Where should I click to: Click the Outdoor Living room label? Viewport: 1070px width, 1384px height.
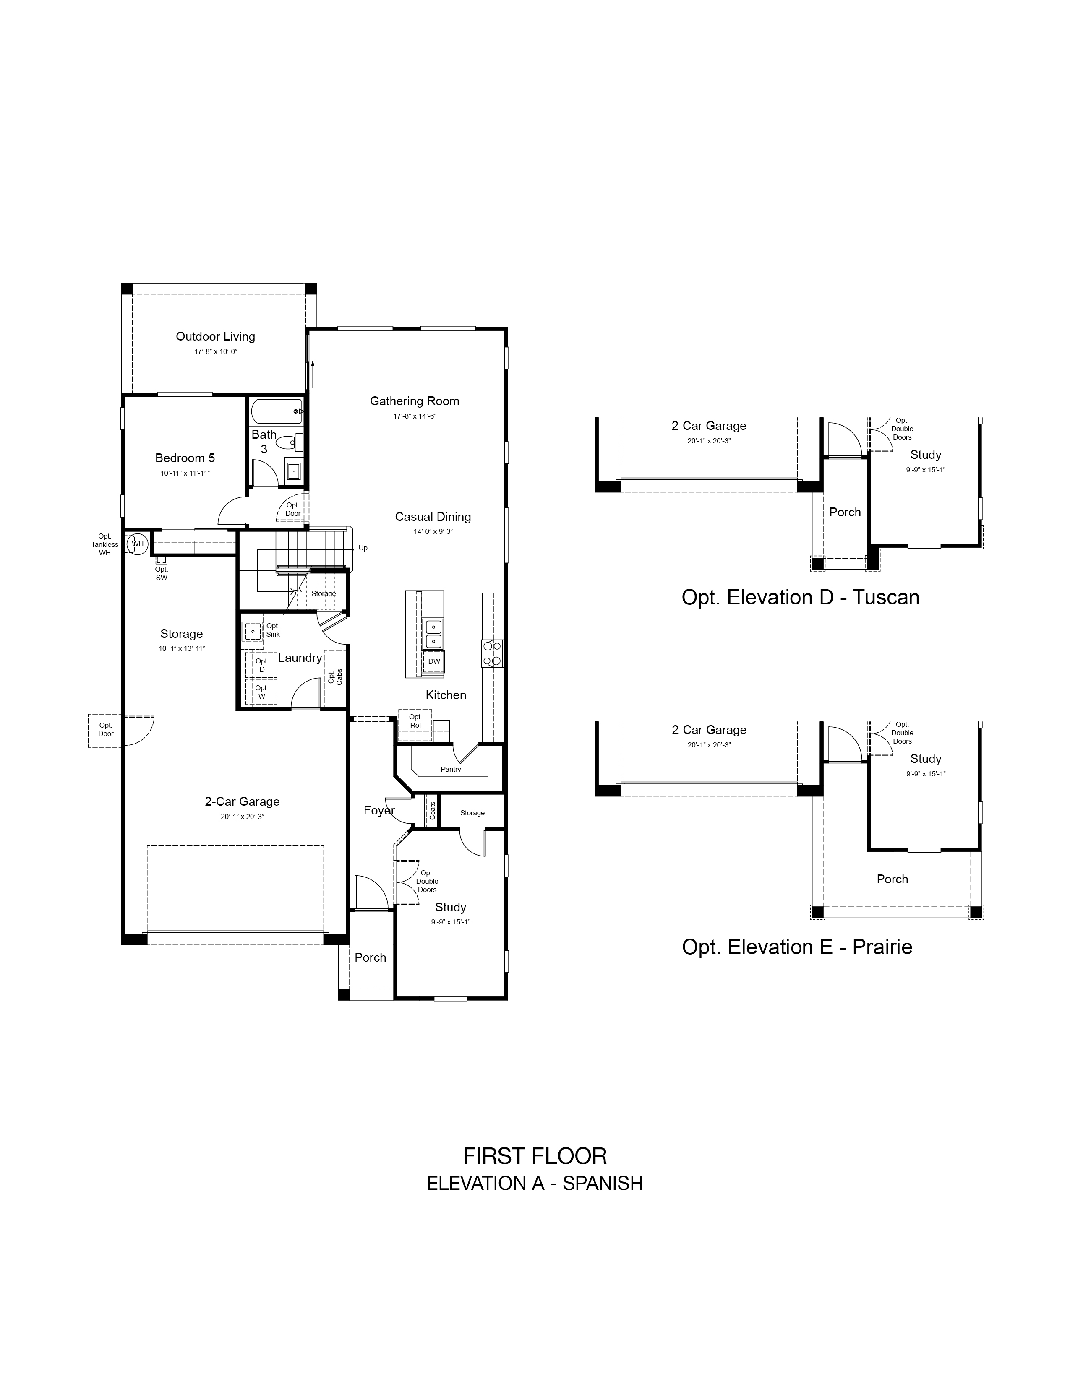pyautogui.click(x=216, y=336)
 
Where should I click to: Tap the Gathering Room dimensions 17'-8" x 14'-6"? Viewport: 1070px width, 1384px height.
pyautogui.click(x=415, y=416)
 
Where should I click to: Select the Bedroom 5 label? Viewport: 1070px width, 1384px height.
pyautogui.click(x=185, y=458)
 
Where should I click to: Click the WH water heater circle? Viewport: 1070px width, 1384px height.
pyautogui.click(x=137, y=544)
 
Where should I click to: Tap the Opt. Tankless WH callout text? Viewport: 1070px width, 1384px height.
pyautogui.click(x=104, y=544)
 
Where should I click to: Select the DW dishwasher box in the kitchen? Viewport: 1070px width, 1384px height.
pyautogui.click(x=433, y=661)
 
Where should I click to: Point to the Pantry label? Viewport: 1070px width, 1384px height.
pyautogui.click(x=451, y=769)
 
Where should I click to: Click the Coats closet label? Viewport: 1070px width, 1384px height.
pyautogui.click(x=432, y=811)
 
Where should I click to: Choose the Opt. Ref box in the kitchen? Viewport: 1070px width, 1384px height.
pyautogui.click(x=415, y=721)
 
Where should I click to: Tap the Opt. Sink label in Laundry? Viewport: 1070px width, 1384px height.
pyautogui.click(x=273, y=630)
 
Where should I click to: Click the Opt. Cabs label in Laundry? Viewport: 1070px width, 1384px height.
pyautogui.click(x=335, y=677)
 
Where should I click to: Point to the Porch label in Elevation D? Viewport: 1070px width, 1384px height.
pyautogui.click(x=845, y=512)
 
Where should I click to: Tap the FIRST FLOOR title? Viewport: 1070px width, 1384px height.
pyautogui.click(x=534, y=1157)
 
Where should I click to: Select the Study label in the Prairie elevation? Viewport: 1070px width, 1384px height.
pyautogui.click(x=926, y=759)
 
